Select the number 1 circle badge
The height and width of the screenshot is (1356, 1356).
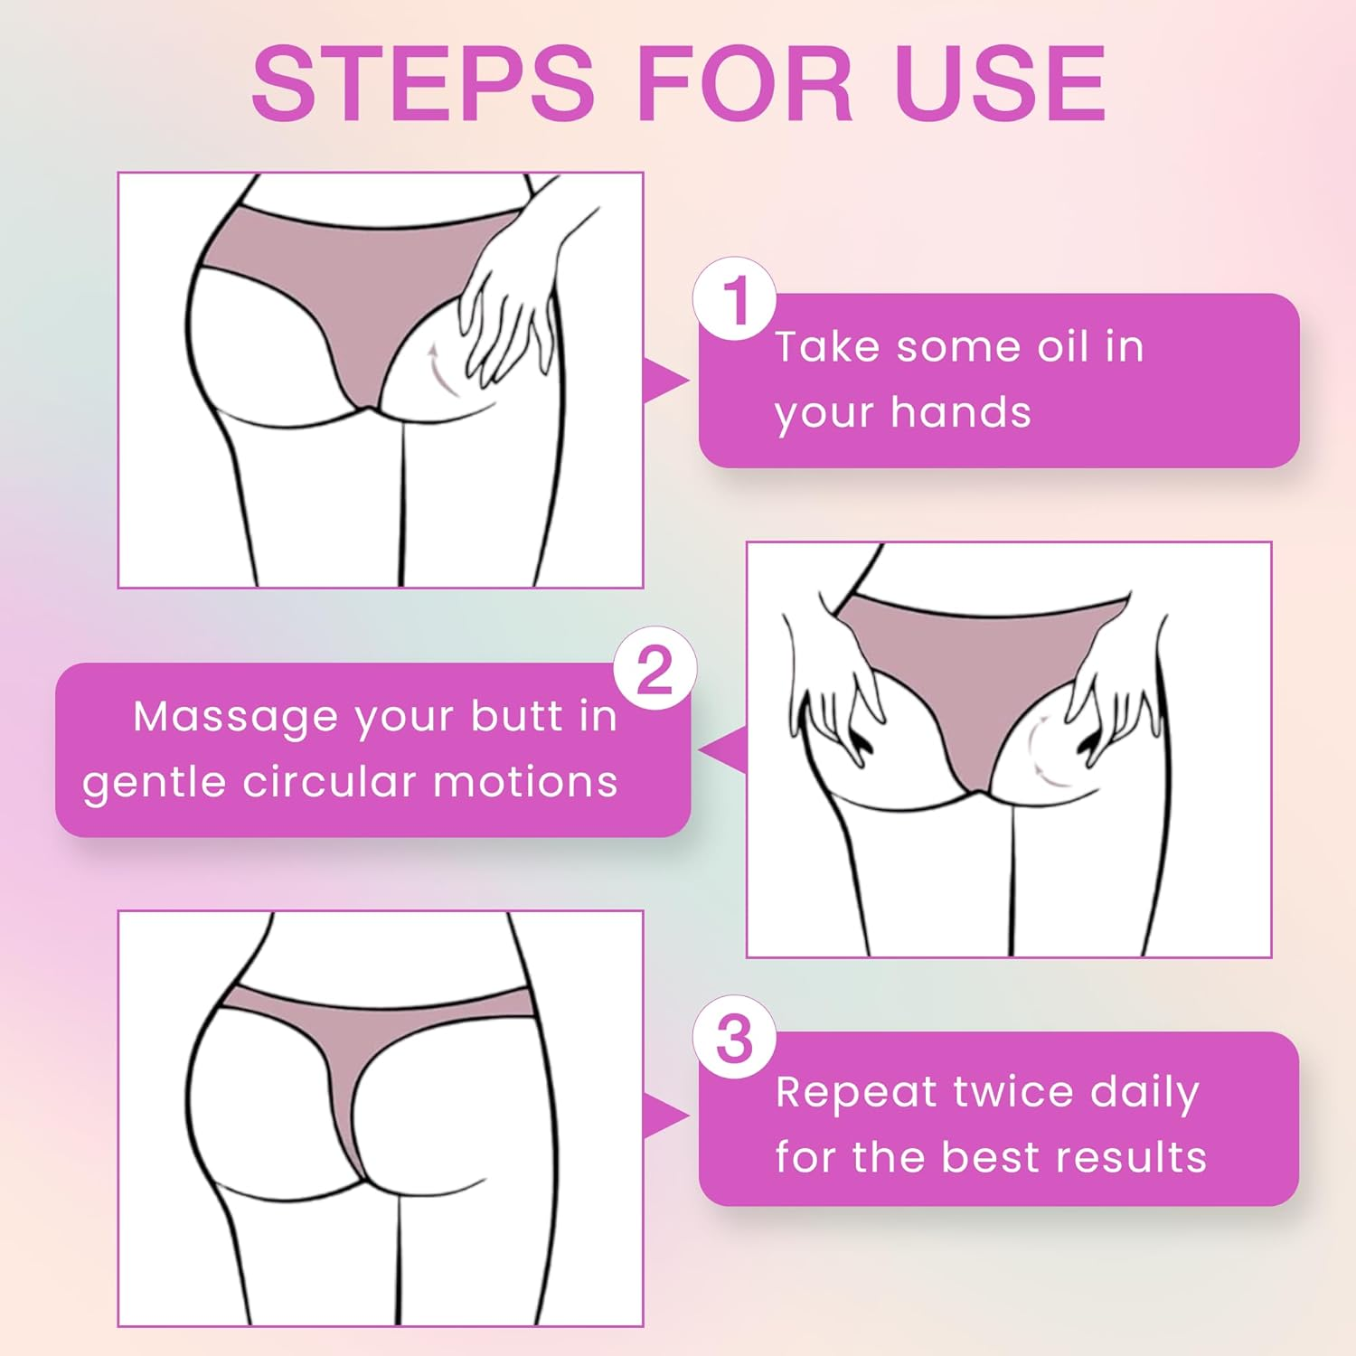tap(735, 299)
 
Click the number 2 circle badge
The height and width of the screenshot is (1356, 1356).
tap(654, 669)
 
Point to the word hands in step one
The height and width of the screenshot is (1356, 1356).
tap(960, 412)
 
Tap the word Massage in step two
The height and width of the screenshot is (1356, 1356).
tap(235, 717)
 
